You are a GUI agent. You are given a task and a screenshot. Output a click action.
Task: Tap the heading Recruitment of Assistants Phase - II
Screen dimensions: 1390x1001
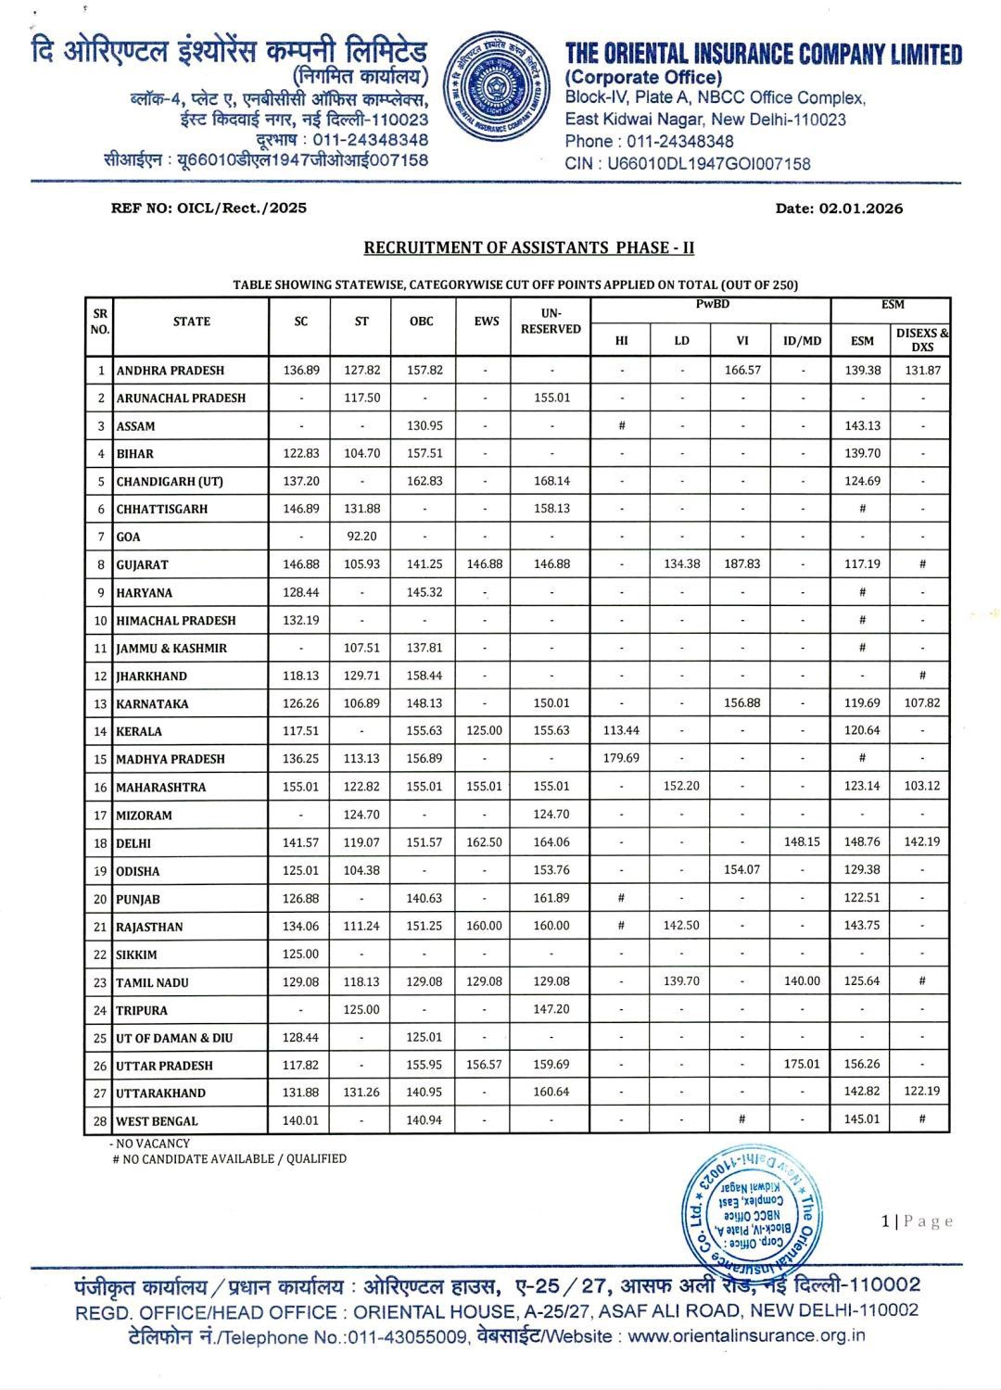(x=528, y=247)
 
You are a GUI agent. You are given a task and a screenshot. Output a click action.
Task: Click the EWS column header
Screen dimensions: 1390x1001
(x=486, y=322)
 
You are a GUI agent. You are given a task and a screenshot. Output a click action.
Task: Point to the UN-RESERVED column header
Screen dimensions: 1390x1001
(x=551, y=321)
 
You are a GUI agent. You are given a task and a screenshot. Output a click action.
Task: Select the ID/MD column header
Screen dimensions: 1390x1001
(x=802, y=340)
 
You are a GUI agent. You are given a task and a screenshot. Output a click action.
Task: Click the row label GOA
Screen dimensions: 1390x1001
(x=128, y=537)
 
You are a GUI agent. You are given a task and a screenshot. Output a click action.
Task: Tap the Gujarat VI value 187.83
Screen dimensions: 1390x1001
(x=741, y=563)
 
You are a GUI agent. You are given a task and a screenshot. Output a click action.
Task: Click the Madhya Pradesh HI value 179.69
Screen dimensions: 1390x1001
(x=621, y=758)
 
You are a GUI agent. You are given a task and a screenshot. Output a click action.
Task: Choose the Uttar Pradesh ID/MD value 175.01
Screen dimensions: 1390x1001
(x=802, y=1064)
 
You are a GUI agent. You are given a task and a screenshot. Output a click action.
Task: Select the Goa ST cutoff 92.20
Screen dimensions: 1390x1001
(x=361, y=536)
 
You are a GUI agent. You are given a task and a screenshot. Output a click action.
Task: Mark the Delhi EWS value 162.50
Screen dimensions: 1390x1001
(x=485, y=841)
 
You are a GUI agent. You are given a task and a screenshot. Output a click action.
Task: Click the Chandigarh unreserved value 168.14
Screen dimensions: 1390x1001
(x=551, y=480)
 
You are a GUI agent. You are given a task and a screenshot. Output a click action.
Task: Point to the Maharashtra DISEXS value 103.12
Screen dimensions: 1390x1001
(x=921, y=786)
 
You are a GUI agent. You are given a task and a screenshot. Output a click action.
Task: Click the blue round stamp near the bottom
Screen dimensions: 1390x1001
(x=753, y=1209)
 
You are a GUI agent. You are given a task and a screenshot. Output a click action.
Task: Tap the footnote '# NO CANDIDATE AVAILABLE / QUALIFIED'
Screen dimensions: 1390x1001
(x=229, y=1158)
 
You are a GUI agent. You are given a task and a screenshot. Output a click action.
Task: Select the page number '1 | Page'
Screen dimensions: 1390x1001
(x=917, y=1221)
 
